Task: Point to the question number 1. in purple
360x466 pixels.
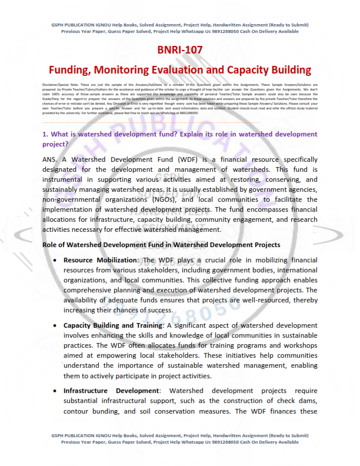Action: point(45,135)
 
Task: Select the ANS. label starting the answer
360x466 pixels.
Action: point(51,159)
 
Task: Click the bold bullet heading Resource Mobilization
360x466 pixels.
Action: point(99,259)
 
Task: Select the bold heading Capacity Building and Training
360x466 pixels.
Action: point(113,325)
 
